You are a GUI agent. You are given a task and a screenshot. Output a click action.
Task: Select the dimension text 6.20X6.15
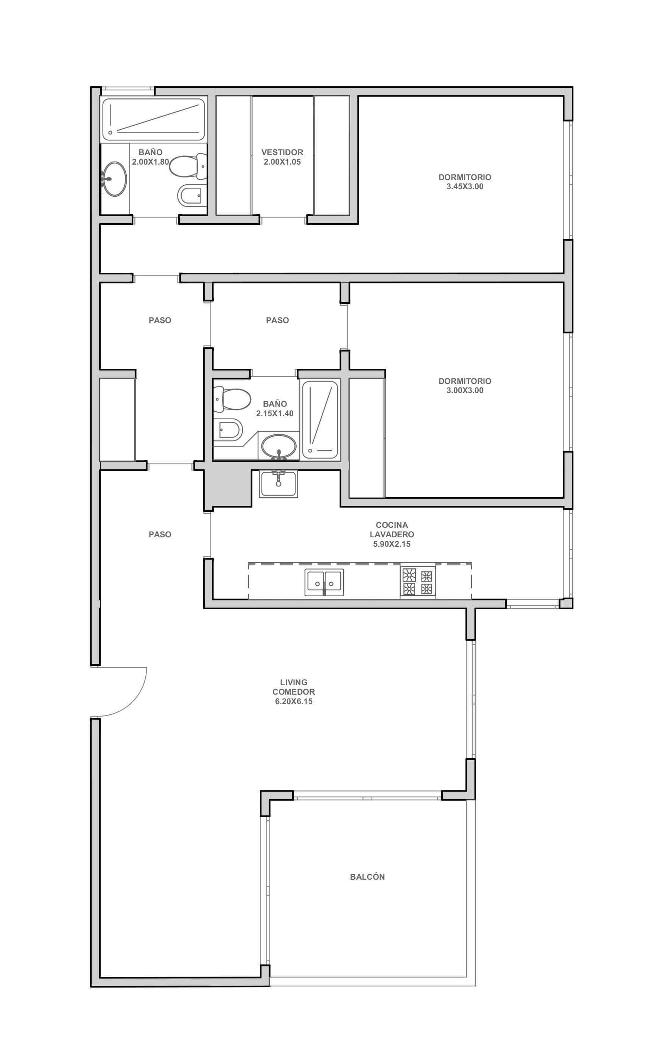point(294,701)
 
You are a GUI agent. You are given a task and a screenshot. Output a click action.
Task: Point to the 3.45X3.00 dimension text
point(465,187)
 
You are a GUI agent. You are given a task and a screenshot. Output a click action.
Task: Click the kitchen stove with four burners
point(418,581)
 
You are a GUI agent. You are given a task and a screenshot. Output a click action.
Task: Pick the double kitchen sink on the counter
point(324,582)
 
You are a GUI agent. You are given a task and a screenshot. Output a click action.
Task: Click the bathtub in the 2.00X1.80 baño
point(153,120)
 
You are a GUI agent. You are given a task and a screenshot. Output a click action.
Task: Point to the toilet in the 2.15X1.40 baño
point(232,399)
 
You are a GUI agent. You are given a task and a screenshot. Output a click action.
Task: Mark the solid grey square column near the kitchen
point(227,488)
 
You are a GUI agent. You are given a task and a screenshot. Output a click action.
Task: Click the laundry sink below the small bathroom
point(278,484)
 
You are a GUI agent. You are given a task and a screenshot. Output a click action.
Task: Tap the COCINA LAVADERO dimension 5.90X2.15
point(391,544)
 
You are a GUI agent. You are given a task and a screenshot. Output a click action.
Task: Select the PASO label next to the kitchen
point(160,534)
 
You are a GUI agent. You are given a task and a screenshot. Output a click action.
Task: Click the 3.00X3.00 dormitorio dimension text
point(465,390)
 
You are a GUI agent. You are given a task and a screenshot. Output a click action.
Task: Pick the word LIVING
point(294,682)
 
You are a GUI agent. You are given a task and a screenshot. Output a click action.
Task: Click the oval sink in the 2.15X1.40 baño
point(279,446)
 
